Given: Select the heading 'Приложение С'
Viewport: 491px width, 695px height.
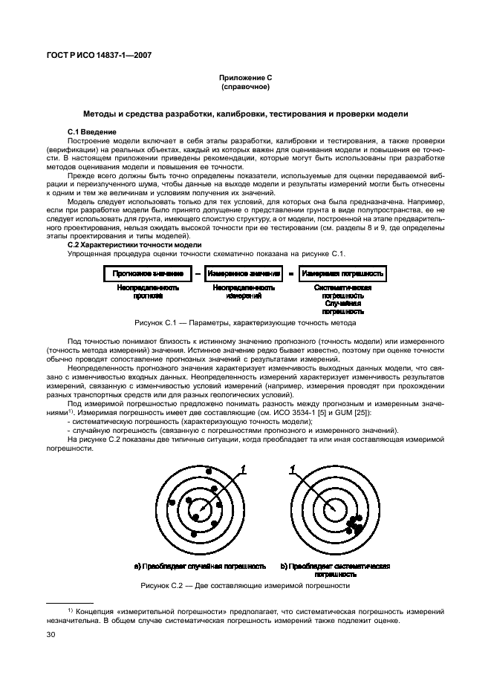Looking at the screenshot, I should pyautogui.click(x=245, y=79).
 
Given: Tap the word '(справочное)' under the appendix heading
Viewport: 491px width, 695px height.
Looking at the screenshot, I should pyautogui.click(x=245, y=88).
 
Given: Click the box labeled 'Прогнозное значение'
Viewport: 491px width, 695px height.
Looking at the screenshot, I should pyautogui.click(x=148, y=274).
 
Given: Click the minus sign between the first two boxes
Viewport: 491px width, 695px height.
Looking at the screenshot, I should pyautogui.click(x=197, y=274).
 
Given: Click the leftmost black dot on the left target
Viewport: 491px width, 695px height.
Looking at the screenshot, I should pyautogui.click(x=172, y=503).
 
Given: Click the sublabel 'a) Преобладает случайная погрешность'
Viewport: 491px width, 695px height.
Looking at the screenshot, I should pyautogui.click(x=200, y=566).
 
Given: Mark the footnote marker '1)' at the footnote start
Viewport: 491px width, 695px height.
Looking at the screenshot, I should pyautogui.click(x=71, y=610).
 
